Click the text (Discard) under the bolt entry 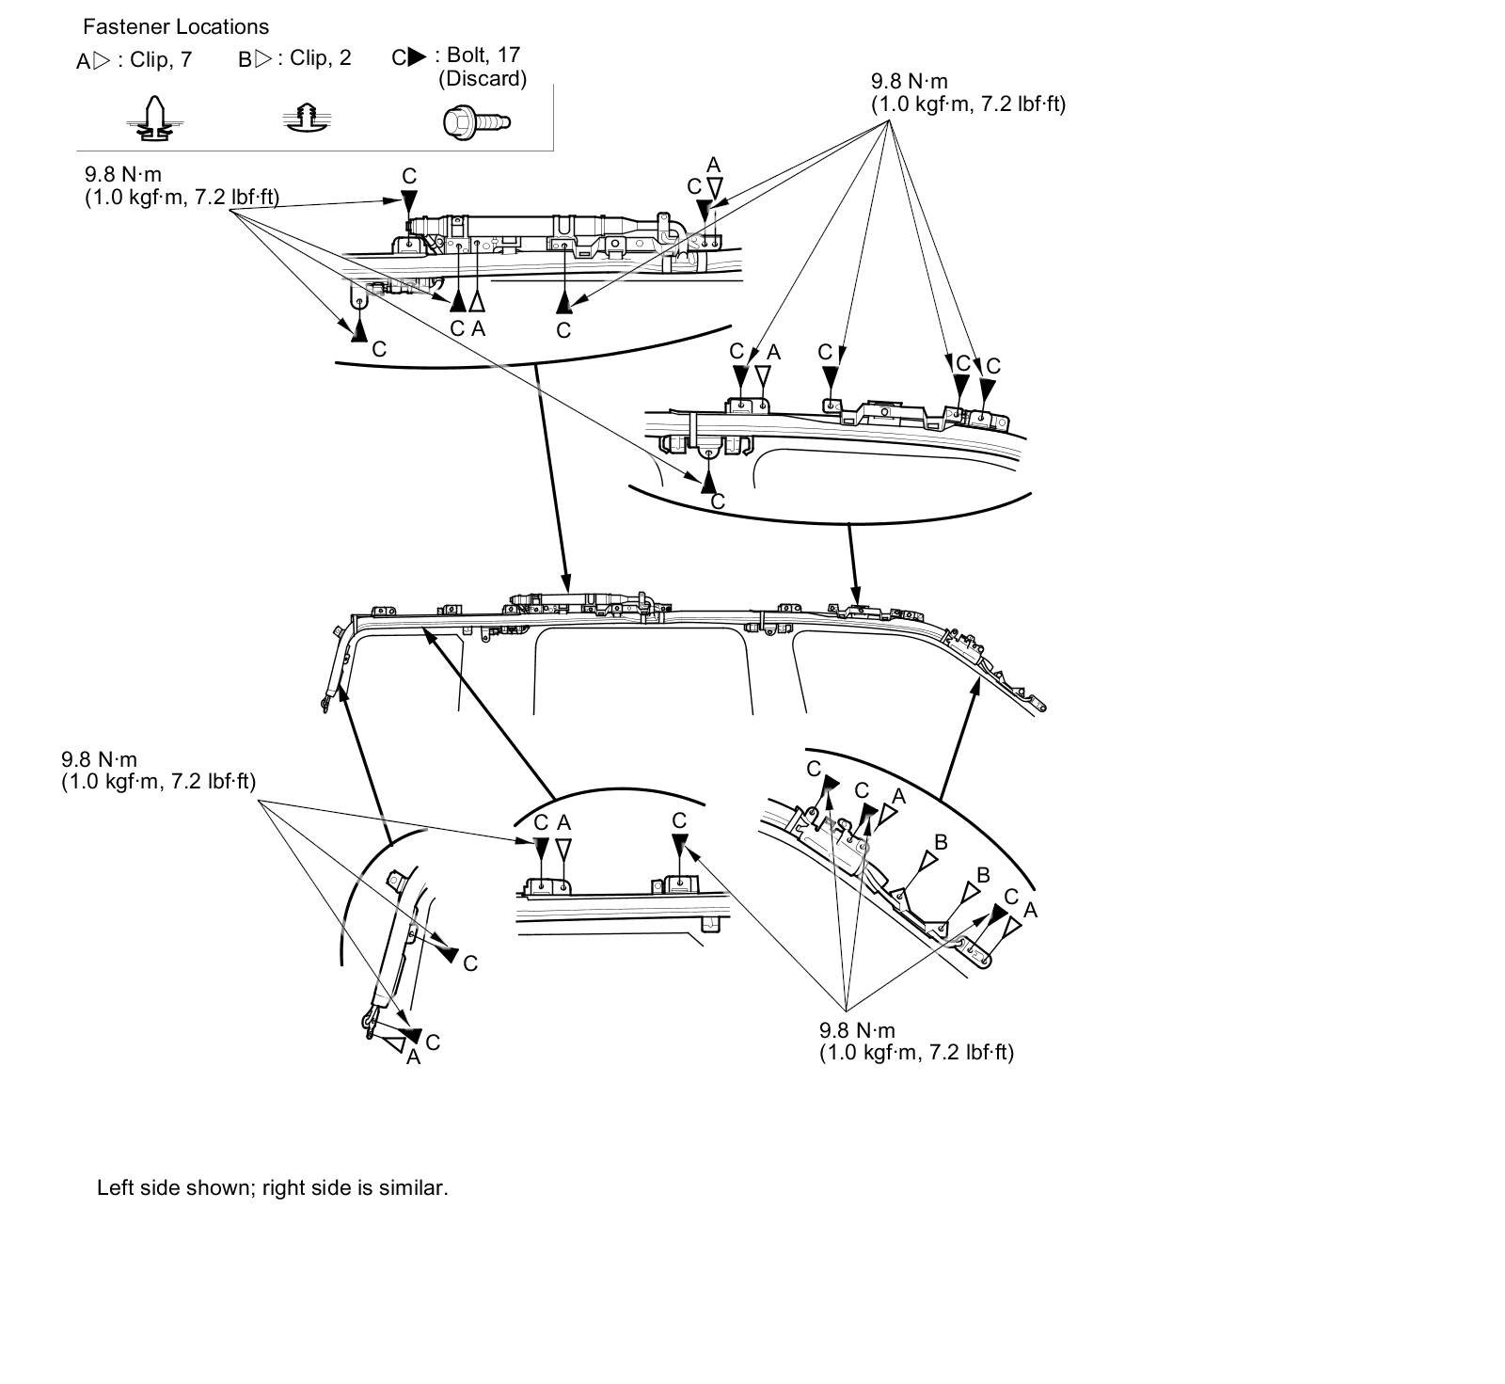tap(483, 79)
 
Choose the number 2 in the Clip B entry tap(345, 58)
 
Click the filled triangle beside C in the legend tap(417, 57)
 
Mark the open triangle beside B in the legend tap(263, 59)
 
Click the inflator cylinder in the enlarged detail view tap(527, 226)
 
